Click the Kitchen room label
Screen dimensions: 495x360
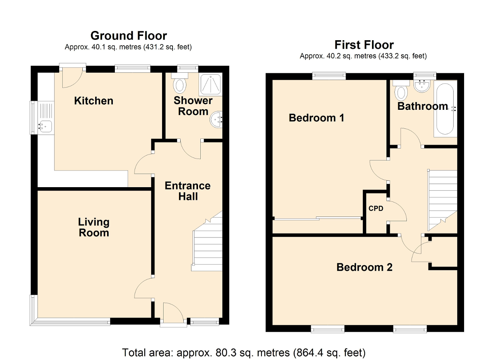pyautogui.click(x=94, y=101)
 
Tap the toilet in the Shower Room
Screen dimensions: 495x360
pyautogui.click(x=179, y=83)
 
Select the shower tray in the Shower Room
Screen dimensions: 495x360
pyautogui.click(x=211, y=84)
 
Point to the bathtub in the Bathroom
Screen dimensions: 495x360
pyautogui.click(x=445, y=109)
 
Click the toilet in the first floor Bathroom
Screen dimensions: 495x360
pyautogui.click(x=401, y=90)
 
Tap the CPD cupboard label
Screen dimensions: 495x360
pyautogui.click(x=376, y=208)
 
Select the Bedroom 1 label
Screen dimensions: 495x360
pyautogui.click(x=316, y=118)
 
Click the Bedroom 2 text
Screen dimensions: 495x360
pyautogui.click(x=364, y=267)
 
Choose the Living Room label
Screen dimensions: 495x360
pyautogui.click(x=94, y=227)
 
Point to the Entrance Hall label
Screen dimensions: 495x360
pyautogui.click(x=188, y=191)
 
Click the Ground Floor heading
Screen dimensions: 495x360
pyautogui.click(x=129, y=36)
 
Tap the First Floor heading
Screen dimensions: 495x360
pyautogui.click(x=364, y=45)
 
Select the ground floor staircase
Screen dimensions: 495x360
pyautogui.click(x=207, y=241)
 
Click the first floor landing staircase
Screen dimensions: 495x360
pyautogui.click(x=442, y=200)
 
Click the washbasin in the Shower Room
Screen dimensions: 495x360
pyautogui.click(x=216, y=119)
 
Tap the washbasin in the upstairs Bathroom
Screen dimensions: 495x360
pyautogui.click(x=422, y=86)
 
